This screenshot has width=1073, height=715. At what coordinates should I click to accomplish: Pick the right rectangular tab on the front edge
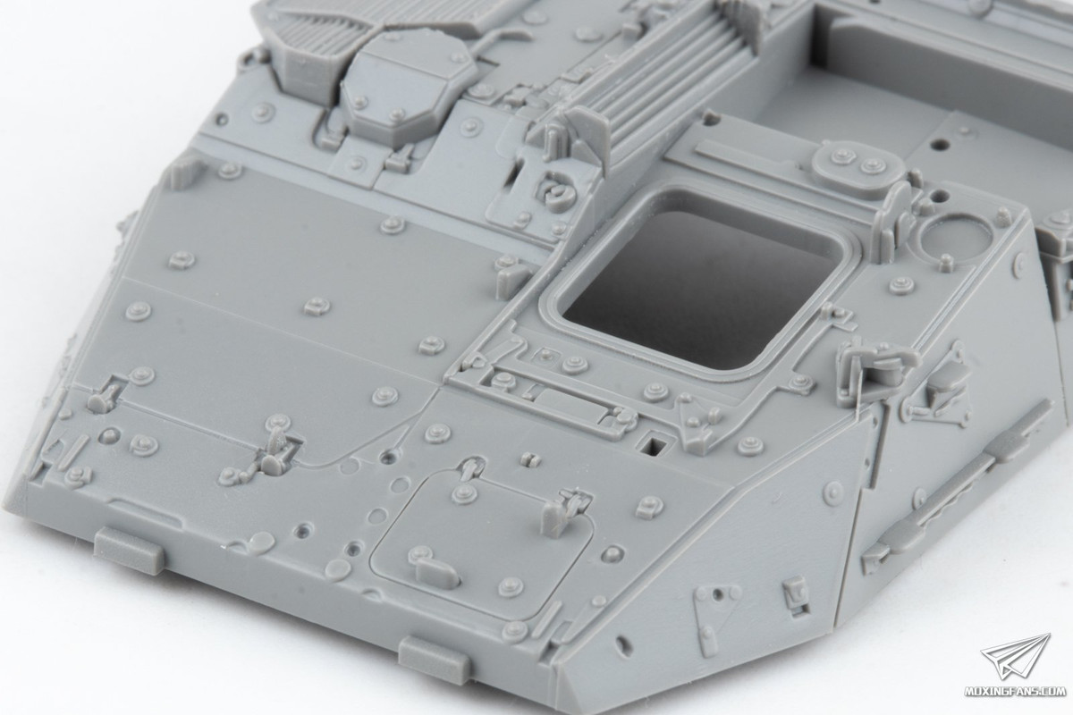[x=434, y=657]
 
